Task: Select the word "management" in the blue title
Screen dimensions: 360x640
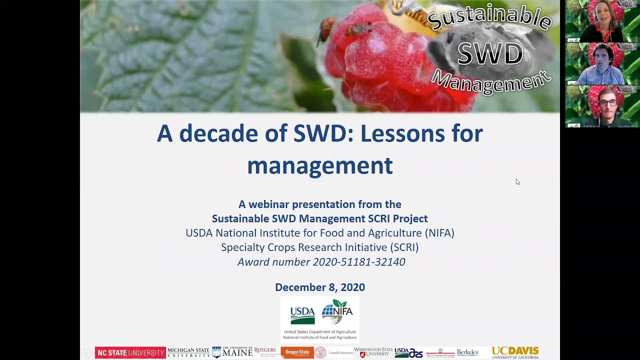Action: [320, 165]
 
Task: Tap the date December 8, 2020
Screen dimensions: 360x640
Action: [320, 287]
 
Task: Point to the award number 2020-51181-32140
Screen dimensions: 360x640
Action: [358, 262]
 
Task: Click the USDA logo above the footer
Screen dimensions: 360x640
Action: [302, 315]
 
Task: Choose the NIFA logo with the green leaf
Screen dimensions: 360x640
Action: [337, 312]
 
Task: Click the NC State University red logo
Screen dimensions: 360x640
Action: [130, 353]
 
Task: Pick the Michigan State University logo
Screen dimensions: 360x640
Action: [188, 353]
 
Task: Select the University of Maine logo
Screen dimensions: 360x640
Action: [232, 352]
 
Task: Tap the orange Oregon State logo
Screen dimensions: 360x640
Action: [297, 352]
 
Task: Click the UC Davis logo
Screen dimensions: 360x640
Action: [515, 352]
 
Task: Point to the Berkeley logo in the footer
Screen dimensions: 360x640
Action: [467, 353]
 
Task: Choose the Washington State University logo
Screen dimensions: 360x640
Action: [373, 352]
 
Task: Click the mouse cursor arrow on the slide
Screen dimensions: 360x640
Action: [517, 181]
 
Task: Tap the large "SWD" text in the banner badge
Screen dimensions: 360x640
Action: [490, 54]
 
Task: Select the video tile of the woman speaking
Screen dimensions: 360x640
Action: [602, 21]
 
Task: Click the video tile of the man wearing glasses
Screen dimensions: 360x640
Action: [602, 106]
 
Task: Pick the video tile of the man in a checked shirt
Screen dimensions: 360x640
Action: [602, 64]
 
